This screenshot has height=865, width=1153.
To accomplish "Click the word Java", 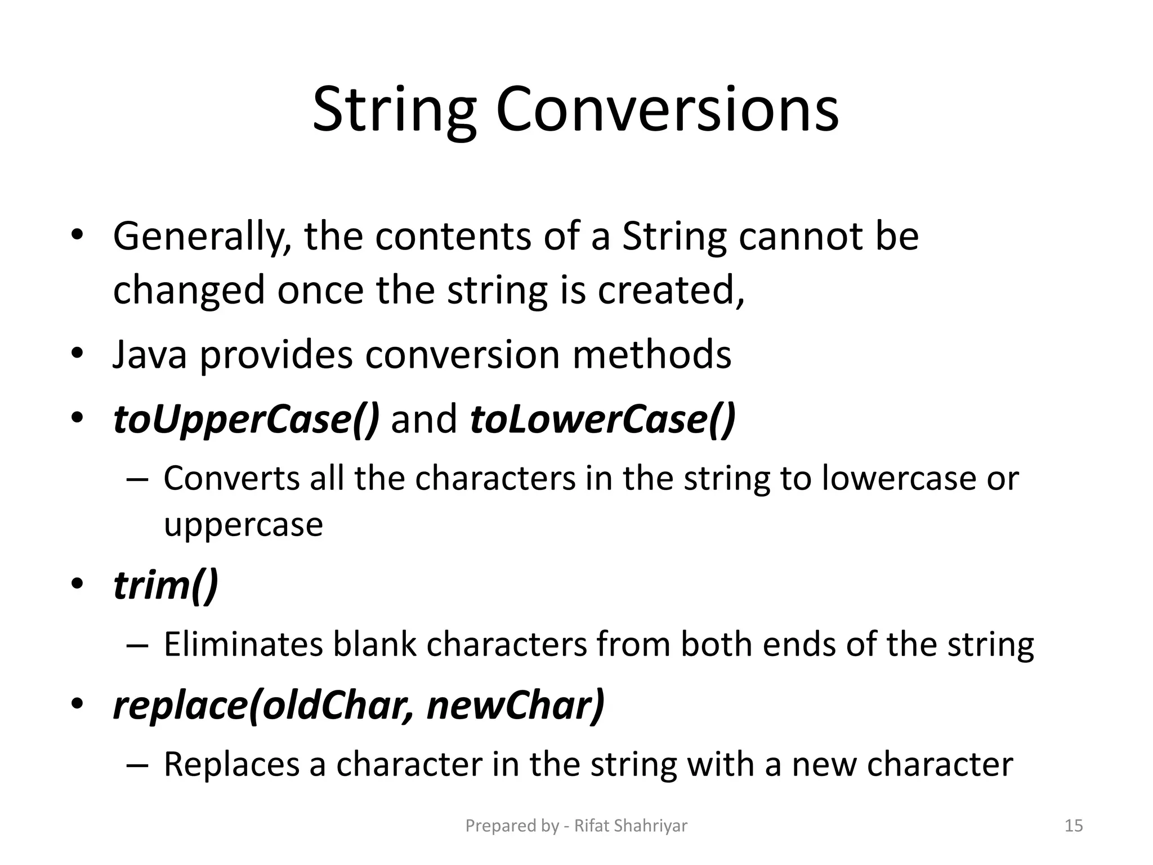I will [x=149, y=355].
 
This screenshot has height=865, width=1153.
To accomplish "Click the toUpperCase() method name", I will [x=247, y=420].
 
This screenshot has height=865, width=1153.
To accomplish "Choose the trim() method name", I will [x=166, y=586].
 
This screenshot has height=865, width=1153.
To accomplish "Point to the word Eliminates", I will [x=243, y=644].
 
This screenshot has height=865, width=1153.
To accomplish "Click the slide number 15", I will [x=1074, y=826].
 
